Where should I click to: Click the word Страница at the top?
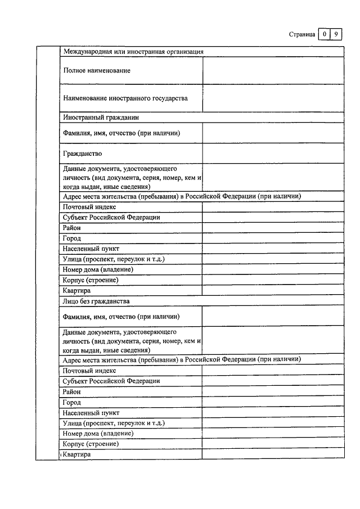(x=301, y=34)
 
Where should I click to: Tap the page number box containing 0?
(x=325, y=34)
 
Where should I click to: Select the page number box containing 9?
(x=336, y=34)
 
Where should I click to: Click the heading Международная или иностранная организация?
(x=133, y=52)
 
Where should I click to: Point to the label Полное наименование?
(x=97, y=70)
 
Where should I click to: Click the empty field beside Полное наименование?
(x=273, y=70)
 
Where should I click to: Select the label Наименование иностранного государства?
(x=125, y=98)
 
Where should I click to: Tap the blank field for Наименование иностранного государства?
(x=273, y=98)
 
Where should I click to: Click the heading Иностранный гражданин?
(x=101, y=118)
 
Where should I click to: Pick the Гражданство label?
(x=83, y=153)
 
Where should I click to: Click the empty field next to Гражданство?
(x=273, y=153)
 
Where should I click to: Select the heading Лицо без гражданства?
(x=96, y=301)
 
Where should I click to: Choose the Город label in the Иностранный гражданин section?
(x=72, y=238)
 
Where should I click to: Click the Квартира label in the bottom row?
(x=77, y=454)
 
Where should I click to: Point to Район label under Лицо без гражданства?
(x=72, y=392)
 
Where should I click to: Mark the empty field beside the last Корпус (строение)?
(x=273, y=444)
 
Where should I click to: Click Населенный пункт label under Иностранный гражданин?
(x=91, y=249)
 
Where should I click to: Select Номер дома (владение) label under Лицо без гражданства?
(x=98, y=433)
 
